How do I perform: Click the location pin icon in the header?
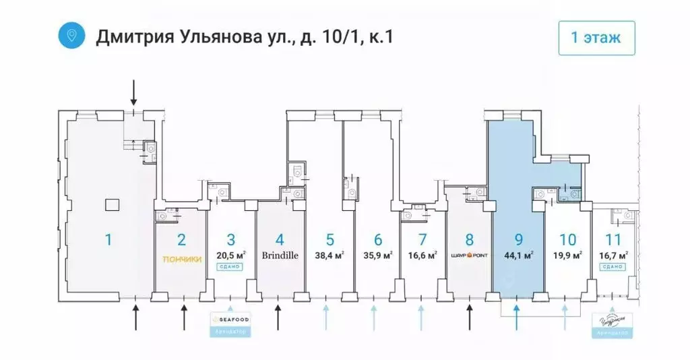[71, 34]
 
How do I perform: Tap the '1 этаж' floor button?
[596, 37]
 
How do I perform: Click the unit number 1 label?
[108, 239]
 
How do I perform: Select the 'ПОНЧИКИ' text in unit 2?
[181, 258]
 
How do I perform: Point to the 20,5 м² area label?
[231, 255]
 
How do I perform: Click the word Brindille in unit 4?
[280, 256]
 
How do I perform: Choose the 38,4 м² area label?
[330, 256]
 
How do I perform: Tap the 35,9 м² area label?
[378, 256]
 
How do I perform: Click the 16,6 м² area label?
[422, 256]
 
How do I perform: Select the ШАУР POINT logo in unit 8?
[470, 256]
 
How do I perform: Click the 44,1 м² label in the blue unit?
[518, 256]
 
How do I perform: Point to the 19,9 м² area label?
[567, 256]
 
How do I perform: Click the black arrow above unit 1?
[133, 91]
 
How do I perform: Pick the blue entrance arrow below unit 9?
[517, 316]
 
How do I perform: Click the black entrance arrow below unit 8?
[470, 316]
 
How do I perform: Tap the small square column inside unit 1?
[112, 204]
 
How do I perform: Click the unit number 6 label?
[378, 239]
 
